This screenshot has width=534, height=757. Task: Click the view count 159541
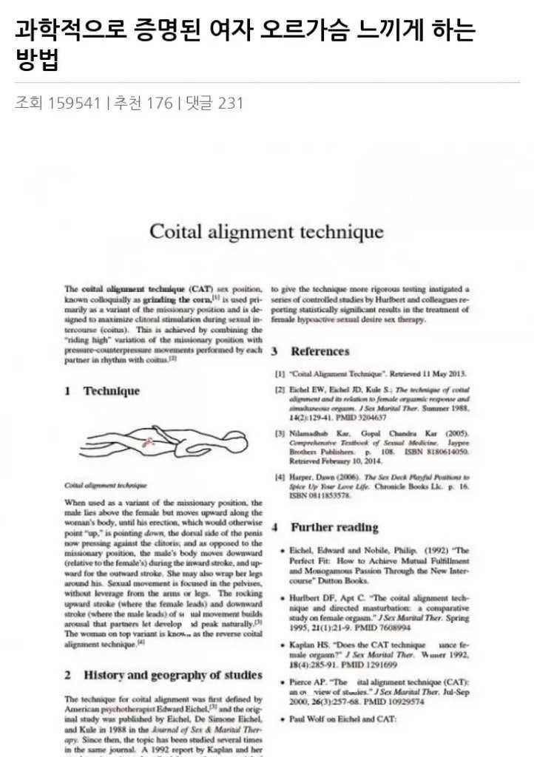pos(74,103)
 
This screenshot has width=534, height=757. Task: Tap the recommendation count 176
pos(160,103)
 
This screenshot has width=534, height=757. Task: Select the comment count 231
pos(230,103)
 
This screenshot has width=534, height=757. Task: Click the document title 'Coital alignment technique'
pos(266,231)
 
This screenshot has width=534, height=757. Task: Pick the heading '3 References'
pos(310,352)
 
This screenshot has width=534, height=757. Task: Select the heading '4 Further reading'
pos(325,528)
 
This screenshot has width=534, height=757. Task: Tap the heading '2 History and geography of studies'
pos(163,675)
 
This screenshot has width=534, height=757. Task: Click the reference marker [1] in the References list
pos(280,374)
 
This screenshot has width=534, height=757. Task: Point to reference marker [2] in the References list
pos(280,389)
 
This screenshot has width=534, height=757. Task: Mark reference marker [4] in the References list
pos(280,478)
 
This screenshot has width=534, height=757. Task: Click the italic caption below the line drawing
pos(106,486)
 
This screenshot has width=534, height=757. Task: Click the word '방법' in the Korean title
pos(37,61)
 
